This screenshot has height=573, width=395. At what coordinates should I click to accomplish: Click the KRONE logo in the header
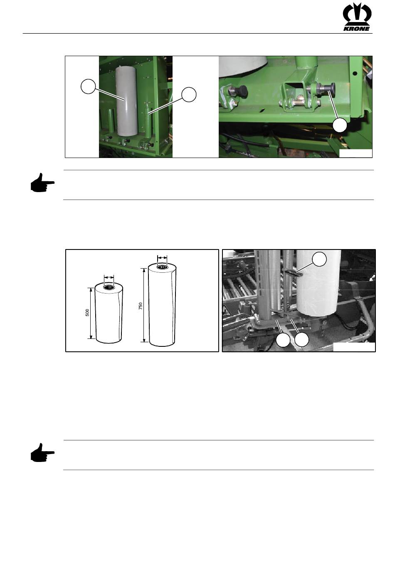[x=357, y=17]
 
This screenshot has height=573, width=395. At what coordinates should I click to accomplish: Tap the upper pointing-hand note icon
[x=42, y=183]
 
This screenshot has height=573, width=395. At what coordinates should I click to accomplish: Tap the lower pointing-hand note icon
[x=42, y=452]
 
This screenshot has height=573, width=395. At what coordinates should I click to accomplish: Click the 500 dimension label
[x=87, y=313]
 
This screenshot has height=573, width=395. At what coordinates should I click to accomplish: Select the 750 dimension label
[x=140, y=306]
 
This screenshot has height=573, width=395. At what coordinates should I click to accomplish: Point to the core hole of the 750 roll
[x=162, y=267]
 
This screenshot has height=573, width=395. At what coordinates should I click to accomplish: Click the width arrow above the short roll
[x=109, y=277]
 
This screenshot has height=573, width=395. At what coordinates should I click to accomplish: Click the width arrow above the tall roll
[x=162, y=258]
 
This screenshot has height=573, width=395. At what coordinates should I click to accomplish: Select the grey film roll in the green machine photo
[x=127, y=101]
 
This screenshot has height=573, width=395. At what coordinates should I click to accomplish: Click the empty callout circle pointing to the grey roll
[x=88, y=87]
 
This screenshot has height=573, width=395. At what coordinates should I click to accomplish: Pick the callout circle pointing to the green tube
[x=189, y=94]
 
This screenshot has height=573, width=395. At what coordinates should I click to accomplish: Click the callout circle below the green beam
[x=340, y=125]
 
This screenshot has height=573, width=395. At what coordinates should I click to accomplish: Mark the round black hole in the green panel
[x=355, y=74]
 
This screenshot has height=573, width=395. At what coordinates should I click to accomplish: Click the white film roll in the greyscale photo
[x=318, y=282]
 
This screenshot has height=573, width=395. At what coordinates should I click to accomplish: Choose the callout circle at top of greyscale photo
[x=319, y=259]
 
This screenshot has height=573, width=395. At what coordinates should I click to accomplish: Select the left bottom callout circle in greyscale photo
[x=283, y=340]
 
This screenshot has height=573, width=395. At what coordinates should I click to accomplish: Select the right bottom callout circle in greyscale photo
[x=301, y=340]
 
